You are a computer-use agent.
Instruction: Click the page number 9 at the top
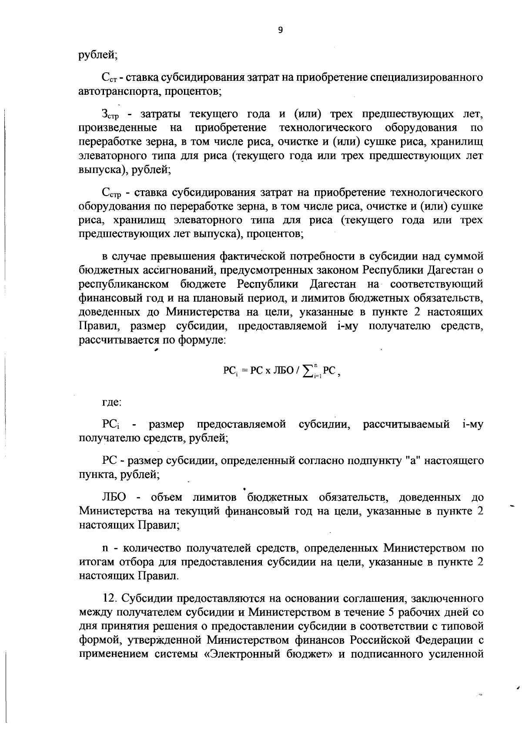pyautogui.click(x=280, y=30)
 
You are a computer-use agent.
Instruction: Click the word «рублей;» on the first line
pyautogui.click(x=98, y=55)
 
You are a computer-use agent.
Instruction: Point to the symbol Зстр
pyautogui.click(x=111, y=115)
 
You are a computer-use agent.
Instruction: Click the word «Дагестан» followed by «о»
pyautogui.click(x=451, y=270)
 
